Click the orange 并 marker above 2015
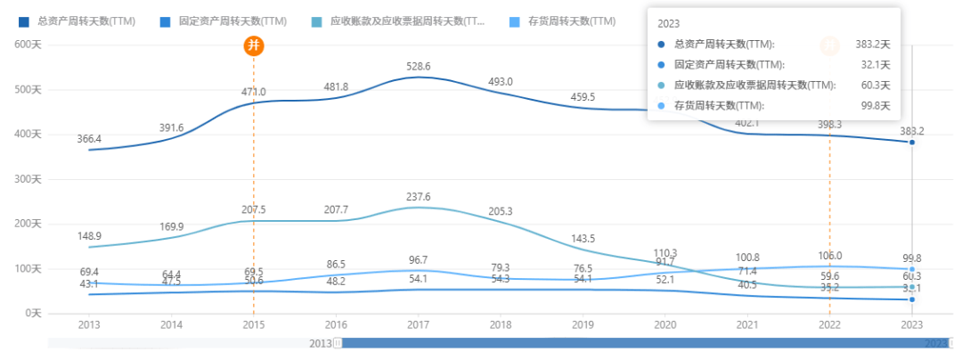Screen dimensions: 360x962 pyautogui.click(x=254, y=45)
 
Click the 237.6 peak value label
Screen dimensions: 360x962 pyautogui.click(x=418, y=197)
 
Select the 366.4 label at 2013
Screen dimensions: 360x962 pyautogui.click(x=89, y=139)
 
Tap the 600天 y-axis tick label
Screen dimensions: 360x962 pyautogui.click(x=28, y=45)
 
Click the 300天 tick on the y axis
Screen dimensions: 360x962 pyautogui.click(x=28, y=179)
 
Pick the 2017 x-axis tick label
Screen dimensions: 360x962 pyautogui.click(x=418, y=326)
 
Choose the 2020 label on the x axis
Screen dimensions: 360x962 pyautogui.click(x=664, y=326)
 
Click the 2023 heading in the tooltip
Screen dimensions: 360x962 pyautogui.click(x=669, y=24)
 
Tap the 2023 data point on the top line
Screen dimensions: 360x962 pyautogui.click(x=912, y=143)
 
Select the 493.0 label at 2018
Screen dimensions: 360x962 pyautogui.click(x=500, y=82)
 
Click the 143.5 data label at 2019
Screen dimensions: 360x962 pyautogui.click(x=583, y=239)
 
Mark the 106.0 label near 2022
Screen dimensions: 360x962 pyautogui.click(x=829, y=255)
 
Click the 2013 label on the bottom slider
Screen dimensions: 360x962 pyautogui.click(x=320, y=343)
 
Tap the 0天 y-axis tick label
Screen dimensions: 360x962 pyautogui.click(x=33, y=314)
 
